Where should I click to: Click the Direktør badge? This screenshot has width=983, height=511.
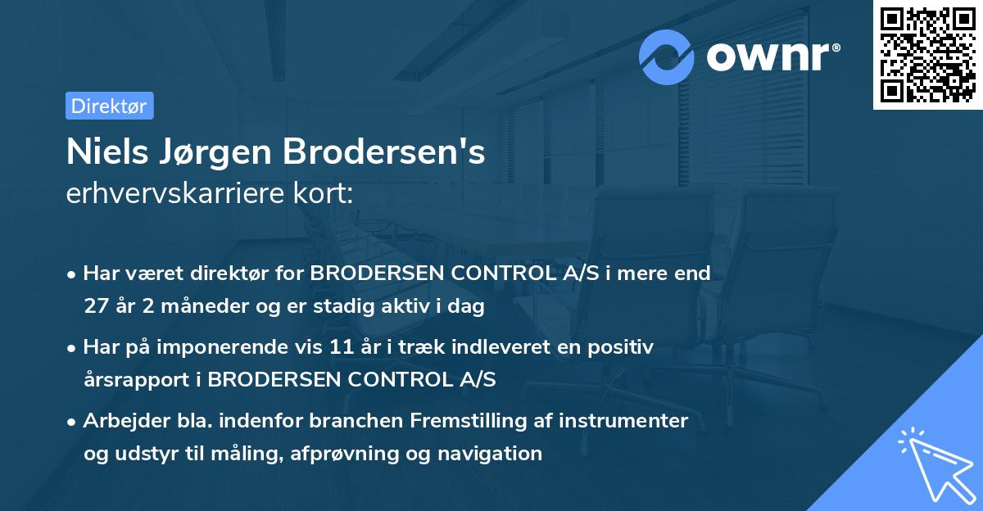(109, 106)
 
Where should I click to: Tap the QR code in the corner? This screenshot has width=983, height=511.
(927, 55)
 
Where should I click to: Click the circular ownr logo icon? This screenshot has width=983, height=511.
(667, 57)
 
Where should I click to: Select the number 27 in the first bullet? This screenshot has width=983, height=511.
(96, 306)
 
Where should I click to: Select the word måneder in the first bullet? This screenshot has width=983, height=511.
(195, 306)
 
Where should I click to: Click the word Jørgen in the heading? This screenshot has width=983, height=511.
(211, 151)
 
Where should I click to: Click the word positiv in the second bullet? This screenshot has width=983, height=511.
(625, 348)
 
